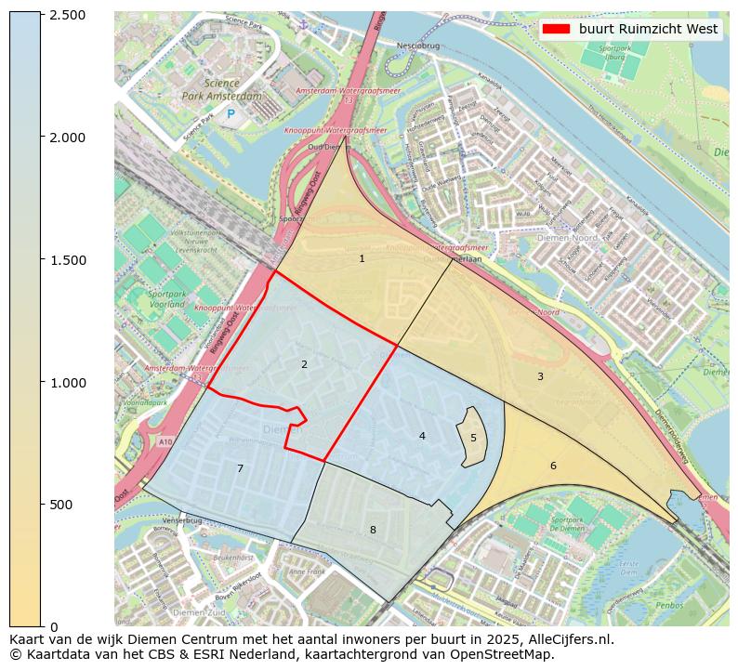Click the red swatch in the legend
(557, 30)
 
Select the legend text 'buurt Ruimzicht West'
(648, 30)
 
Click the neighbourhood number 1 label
(362, 258)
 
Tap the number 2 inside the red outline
(304, 365)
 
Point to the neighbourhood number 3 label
(540, 376)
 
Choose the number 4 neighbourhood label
(422, 436)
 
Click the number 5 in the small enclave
(473, 438)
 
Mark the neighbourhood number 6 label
(553, 466)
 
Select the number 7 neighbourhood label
(240, 468)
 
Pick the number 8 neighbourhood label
(373, 530)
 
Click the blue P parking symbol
(231, 114)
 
